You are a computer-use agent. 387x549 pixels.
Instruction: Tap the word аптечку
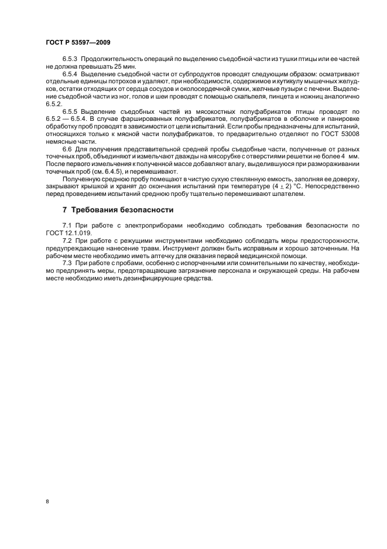pos(157,254)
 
